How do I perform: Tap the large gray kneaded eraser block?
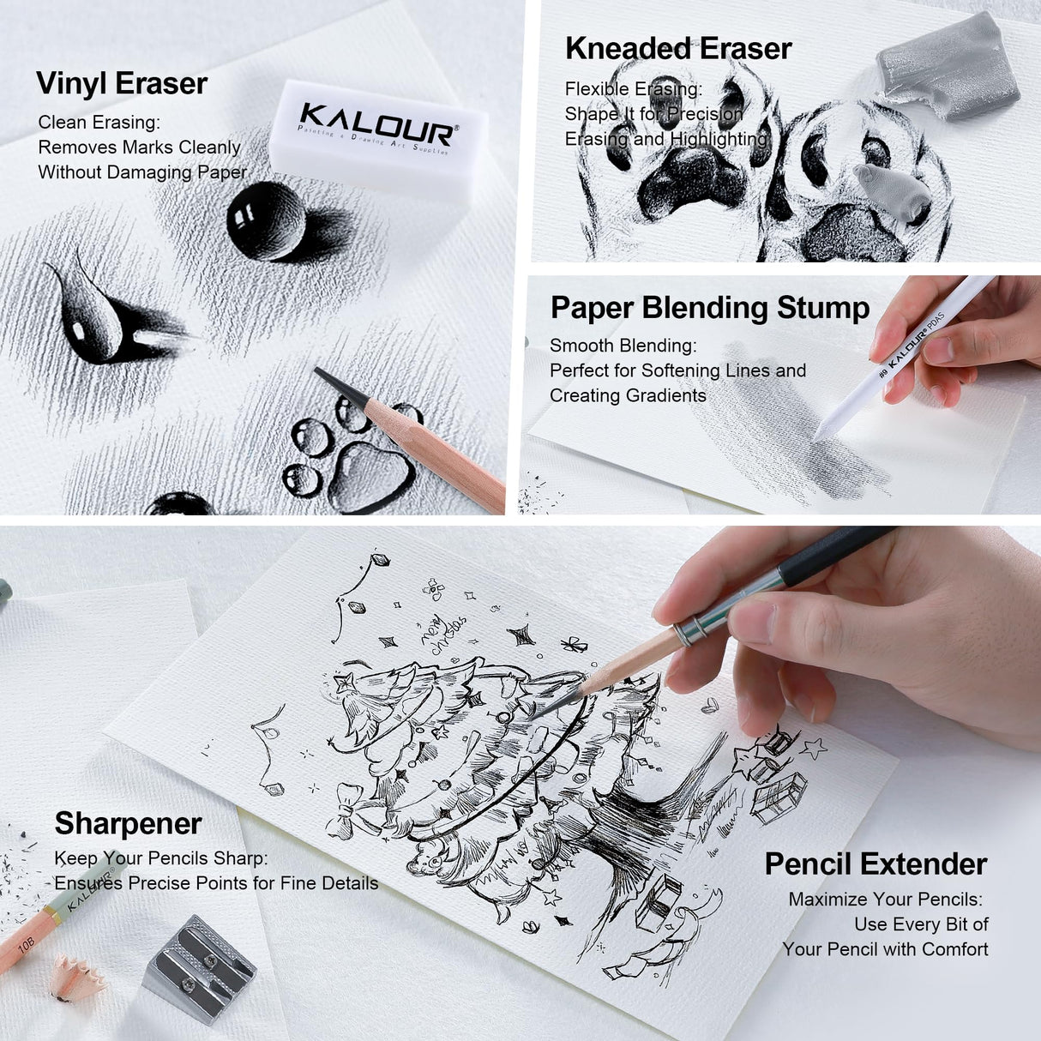[x=947, y=68]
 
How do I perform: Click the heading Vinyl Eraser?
[x=122, y=84]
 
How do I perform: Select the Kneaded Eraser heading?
[x=677, y=49]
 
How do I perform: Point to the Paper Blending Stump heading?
[x=709, y=308]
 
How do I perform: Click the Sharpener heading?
[x=128, y=824]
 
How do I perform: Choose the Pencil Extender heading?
[x=876, y=864]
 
